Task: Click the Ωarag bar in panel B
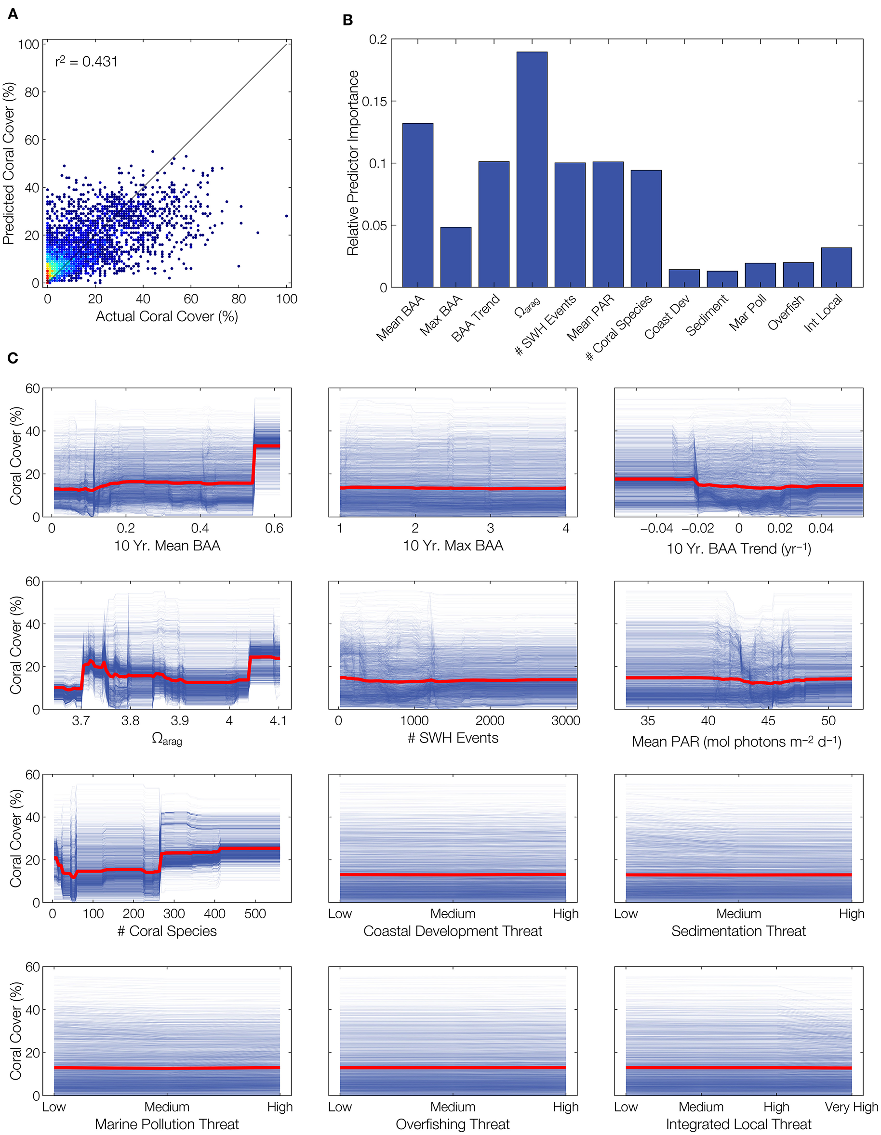(x=532, y=169)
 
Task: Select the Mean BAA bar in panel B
(x=418, y=205)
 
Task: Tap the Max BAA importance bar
(x=455, y=257)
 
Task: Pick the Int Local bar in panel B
(x=836, y=267)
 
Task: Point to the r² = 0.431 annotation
(x=86, y=62)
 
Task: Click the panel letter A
(x=13, y=14)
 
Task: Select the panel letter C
(x=13, y=358)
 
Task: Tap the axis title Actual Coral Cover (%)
(x=166, y=316)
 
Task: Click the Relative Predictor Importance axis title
(x=353, y=163)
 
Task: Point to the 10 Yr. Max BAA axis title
(x=453, y=546)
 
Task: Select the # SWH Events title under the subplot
(x=453, y=738)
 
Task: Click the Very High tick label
(x=851, y=1107)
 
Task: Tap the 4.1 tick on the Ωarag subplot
(x=278, y=721)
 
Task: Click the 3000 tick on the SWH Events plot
(x=565, y=721)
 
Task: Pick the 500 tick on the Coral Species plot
(x=255, y=913)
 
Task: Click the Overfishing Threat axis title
(x=453, y=1124)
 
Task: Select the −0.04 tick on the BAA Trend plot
(x=656, y=529)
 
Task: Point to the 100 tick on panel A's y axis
(x=28, y=45)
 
